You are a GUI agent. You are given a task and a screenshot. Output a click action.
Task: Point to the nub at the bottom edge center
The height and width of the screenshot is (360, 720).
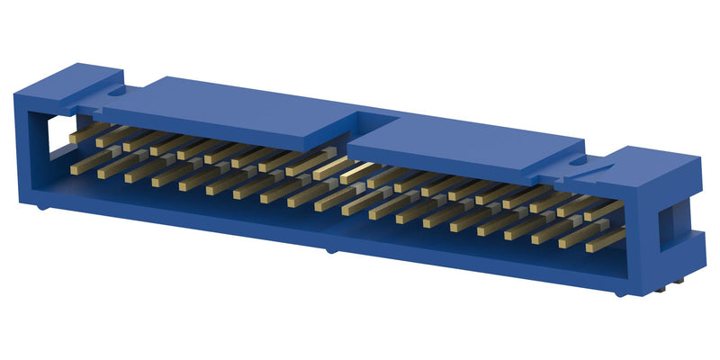click(x=329, y=250)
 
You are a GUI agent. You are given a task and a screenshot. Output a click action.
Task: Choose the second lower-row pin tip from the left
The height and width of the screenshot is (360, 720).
click(x=101, y=174)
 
